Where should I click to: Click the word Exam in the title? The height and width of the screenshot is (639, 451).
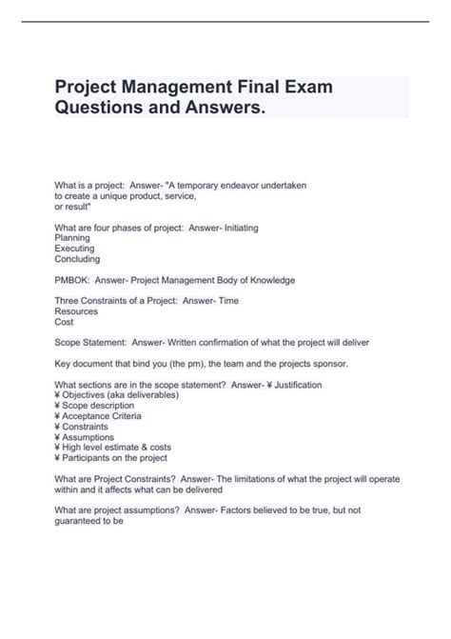[x=304, y=89]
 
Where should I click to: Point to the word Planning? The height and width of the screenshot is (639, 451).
[x=73, y=238]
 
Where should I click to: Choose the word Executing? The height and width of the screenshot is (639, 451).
[x=76, y=249]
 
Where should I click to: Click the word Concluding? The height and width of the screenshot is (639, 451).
[x=78, y=259]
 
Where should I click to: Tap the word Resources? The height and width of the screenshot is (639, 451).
[x=76, y=311]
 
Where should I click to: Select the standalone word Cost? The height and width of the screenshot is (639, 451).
[x=65, y=322]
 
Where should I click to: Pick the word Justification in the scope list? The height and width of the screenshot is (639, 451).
[x=296, y=385]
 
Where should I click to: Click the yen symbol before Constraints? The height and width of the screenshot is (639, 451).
[x=58, y=427]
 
